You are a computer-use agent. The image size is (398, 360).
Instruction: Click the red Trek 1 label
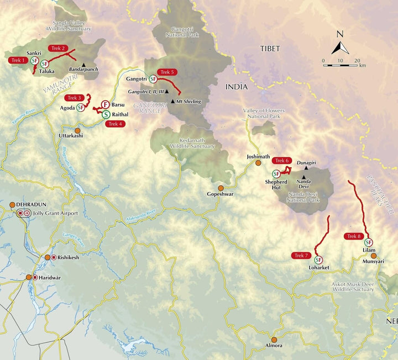[x=18, y=59]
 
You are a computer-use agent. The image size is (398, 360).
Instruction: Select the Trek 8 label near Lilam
[x=354, y=236]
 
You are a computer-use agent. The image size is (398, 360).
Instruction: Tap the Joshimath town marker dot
[x=258, y=163]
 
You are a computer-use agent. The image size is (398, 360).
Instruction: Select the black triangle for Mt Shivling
[x=173, y=102]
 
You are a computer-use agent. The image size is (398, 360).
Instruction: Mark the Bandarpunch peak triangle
[x=83, y=64]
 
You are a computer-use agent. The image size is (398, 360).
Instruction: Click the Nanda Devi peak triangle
[x=303, y=176]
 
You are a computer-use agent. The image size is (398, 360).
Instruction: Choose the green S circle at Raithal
[x=105, y=114]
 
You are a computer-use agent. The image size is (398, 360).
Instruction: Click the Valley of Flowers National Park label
[x=263, y=114]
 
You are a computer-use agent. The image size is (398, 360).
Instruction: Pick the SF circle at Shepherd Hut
[x=276, y=174]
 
